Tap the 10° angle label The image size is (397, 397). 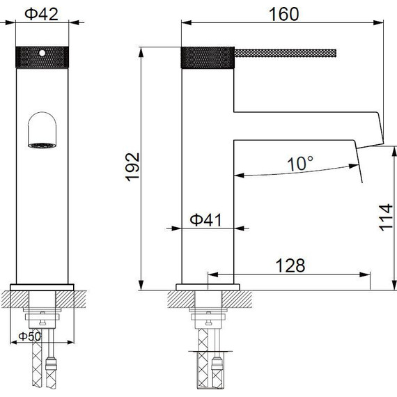[x=301, y=164]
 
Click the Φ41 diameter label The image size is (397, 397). [x=205, y=219]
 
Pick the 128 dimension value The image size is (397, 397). [x=290, y=265]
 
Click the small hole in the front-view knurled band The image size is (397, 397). [x=42, y=52]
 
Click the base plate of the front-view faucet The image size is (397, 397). [x=42, y=287]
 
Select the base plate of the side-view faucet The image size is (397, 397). [x=207, y=287]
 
